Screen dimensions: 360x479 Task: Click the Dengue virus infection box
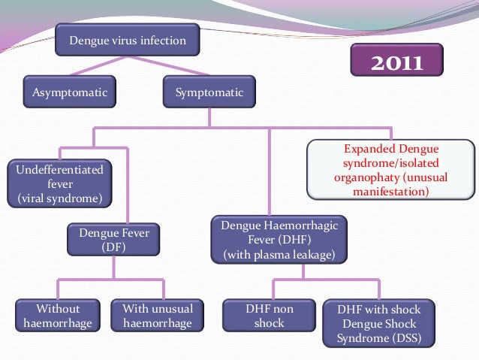pyautogui.click(x=128, y=41)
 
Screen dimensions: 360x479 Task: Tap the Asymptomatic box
pyautogui.click(x=69, y=93)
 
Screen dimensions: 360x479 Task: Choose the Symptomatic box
pyautogui.click(x=209, y=93)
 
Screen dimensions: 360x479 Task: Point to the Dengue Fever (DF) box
pyautogui.click(x=114, y=240)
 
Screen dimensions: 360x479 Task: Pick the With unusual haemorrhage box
pyautogui.click(x=157, y=316)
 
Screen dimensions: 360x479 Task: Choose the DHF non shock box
pyautogui.click(x=269, y=316)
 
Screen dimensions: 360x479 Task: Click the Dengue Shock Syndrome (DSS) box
pyautogui.click(x=378, y=324)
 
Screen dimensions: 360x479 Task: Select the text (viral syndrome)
pyautogui.click(x=60, y=198)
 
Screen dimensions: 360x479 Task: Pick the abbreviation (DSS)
pyautogui.click(x=403, y=338)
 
